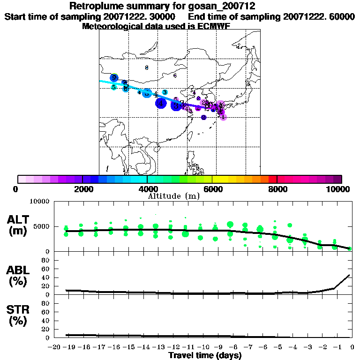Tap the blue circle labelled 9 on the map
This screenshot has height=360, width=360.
click(114, 78)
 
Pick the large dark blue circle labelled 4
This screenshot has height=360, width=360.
click(161, 103)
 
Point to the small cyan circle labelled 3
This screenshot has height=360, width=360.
click(165, 92)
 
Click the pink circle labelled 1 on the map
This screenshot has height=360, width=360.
click(223, 117)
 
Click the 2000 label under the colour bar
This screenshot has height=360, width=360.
click(82, 189)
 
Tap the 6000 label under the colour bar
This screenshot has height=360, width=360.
click(212, 189)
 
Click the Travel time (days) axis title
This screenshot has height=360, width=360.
click(205, 355)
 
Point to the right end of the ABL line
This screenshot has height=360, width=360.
click(350, 275)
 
